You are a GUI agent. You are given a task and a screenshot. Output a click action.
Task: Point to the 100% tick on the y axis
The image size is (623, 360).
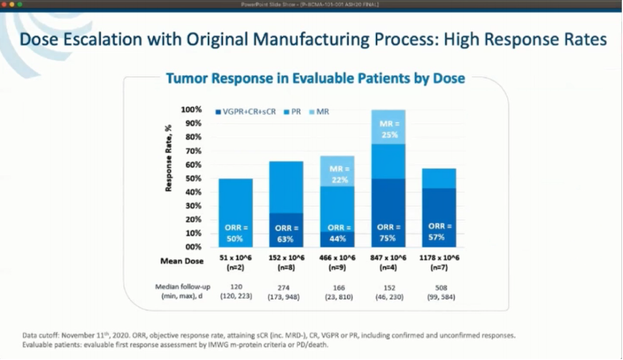(x=191, y=110)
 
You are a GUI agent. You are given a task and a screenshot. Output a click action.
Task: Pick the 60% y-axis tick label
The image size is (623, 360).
(x=193, y=164)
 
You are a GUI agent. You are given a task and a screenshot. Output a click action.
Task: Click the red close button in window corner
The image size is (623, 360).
(x=5, y=4)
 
